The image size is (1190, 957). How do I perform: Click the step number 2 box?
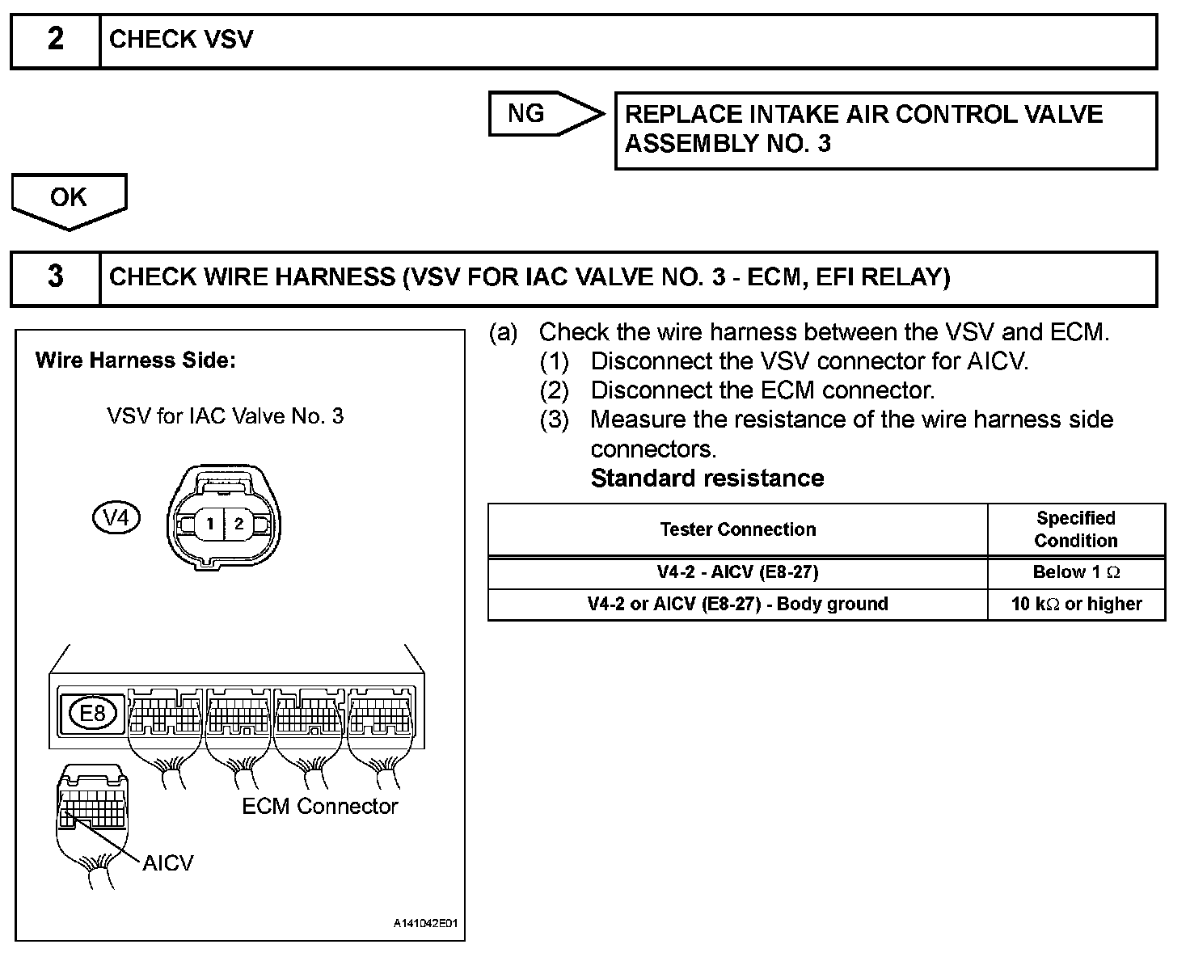coord(55,40)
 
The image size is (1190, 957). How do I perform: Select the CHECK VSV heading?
coord(181,40)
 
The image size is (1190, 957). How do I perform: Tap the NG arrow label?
coord(527,114)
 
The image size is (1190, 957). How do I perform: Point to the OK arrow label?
coord(68,197)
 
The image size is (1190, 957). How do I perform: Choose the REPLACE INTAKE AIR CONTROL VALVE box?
coord(885,129)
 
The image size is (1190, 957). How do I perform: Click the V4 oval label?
coord(116,517)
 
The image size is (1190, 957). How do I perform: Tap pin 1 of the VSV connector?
coord(209,524)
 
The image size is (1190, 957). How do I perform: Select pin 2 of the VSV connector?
coord(238,524)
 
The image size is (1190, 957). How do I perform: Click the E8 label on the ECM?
coord(93,713)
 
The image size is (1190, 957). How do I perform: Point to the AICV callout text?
coord(168,863)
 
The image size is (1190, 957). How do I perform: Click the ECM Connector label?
coord(320,806)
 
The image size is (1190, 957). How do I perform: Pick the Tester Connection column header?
coord(737,529)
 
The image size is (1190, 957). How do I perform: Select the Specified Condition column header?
coord(1075,529)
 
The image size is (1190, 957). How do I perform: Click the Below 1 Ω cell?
coord(1076,572)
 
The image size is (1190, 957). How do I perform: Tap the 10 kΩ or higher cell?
coord(1076,604)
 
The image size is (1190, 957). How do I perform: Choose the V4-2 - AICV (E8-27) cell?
coord(737,572)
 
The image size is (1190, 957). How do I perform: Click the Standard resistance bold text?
coord(707,478)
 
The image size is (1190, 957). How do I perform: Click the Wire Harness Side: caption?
coord(135,360)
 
